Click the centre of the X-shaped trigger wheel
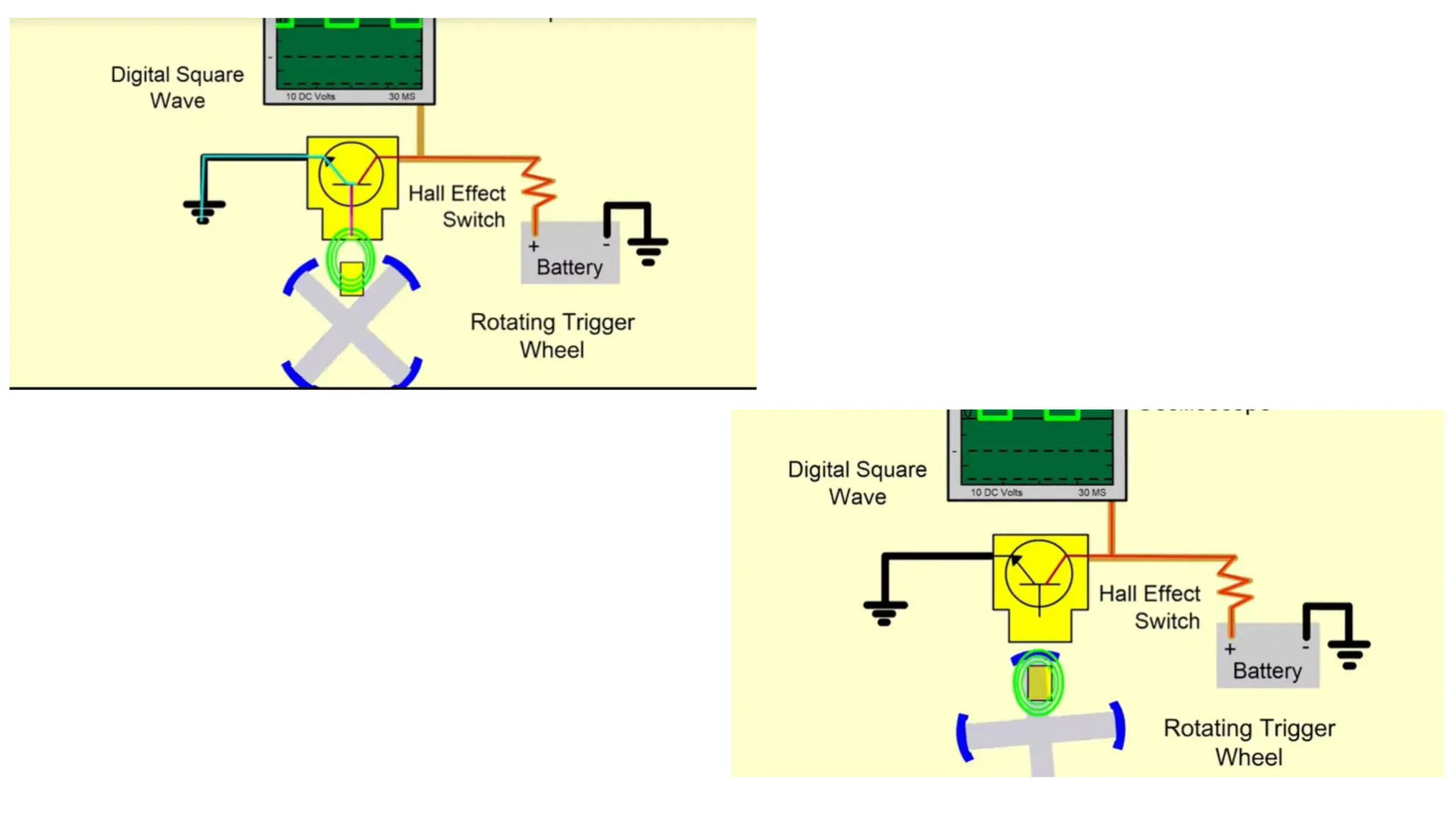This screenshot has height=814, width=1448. (x=349, y=324)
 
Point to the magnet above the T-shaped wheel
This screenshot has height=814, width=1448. (x=1038, y=683)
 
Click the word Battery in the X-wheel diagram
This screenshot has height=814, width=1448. (x=569, y=267)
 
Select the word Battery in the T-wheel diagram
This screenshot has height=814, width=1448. (x=1267, y=671)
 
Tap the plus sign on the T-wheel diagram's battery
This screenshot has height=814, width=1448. (x=1230, y=649)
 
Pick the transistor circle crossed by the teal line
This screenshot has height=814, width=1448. (x=351, y=175)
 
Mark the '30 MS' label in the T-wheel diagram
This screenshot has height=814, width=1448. (x=1092, y=492)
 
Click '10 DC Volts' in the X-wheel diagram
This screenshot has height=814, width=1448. (x=310, y=96)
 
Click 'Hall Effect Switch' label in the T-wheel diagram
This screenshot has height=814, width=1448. (x=1150, y=607)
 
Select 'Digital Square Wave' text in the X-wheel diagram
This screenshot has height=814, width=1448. (x=177, y=88)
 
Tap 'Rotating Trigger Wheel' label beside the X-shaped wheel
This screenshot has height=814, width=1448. (x=552, y=336)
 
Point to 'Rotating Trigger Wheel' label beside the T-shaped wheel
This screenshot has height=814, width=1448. (x=1249, y=742)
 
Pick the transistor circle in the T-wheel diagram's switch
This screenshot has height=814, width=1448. (x=1039, y=573)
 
